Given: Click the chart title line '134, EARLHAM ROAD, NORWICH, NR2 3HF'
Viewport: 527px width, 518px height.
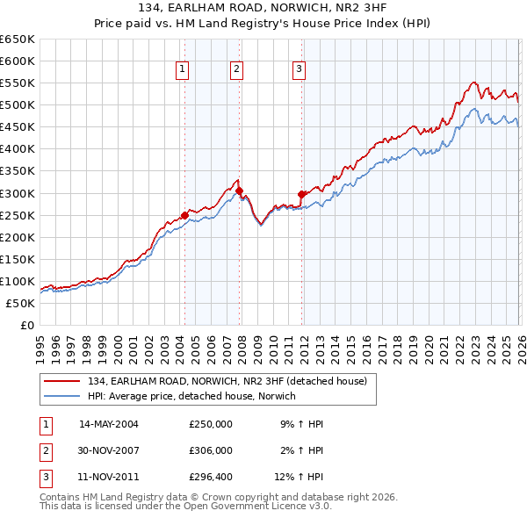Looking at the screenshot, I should (263, 8).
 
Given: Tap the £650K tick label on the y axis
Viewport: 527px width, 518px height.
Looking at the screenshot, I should (18, 40).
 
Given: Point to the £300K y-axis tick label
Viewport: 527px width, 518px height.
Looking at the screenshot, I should (18, 193).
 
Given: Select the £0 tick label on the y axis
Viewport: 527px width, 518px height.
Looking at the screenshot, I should (26, 326).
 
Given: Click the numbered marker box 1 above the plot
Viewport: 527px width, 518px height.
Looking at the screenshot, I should (183, 69).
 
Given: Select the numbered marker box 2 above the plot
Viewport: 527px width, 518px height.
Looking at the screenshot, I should (237, 69).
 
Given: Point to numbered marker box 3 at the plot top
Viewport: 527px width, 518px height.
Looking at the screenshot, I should (299, 69).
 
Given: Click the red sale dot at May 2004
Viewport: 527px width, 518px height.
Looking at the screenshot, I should (184, 215).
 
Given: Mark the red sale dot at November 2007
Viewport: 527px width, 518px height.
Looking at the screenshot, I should (239, 190).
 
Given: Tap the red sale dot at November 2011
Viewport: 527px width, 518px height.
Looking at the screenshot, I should (301, 194).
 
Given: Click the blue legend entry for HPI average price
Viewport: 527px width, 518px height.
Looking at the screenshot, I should (191, 396).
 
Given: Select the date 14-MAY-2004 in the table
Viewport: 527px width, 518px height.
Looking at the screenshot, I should (109, 424).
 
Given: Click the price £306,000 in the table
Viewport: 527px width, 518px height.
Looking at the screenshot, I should (211, 450).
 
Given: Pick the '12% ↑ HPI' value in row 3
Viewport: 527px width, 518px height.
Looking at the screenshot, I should (299, 477).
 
